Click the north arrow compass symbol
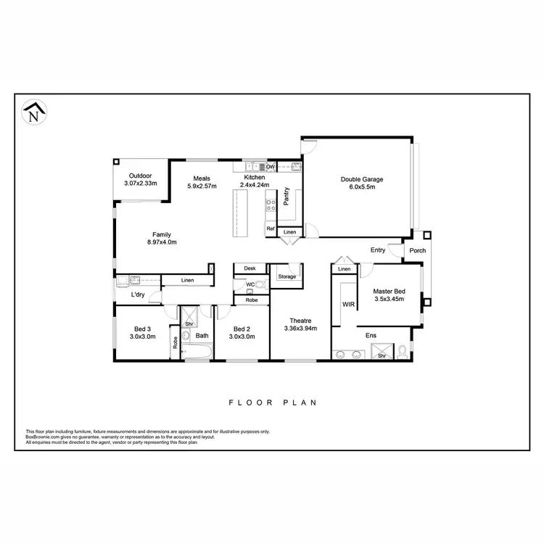(32, 113)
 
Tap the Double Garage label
(362, 179)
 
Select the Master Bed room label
(390, 292)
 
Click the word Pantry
(287, 197)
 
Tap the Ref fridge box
(271, 229)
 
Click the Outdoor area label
(141, 176)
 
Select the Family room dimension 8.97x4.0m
(161, 242)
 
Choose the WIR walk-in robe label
(348, 305)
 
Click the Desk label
(250, 268)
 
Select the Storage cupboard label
(287, 276)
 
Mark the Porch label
(418, 251)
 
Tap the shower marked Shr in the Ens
(382, 355)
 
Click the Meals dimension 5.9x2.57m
(202, 186)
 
